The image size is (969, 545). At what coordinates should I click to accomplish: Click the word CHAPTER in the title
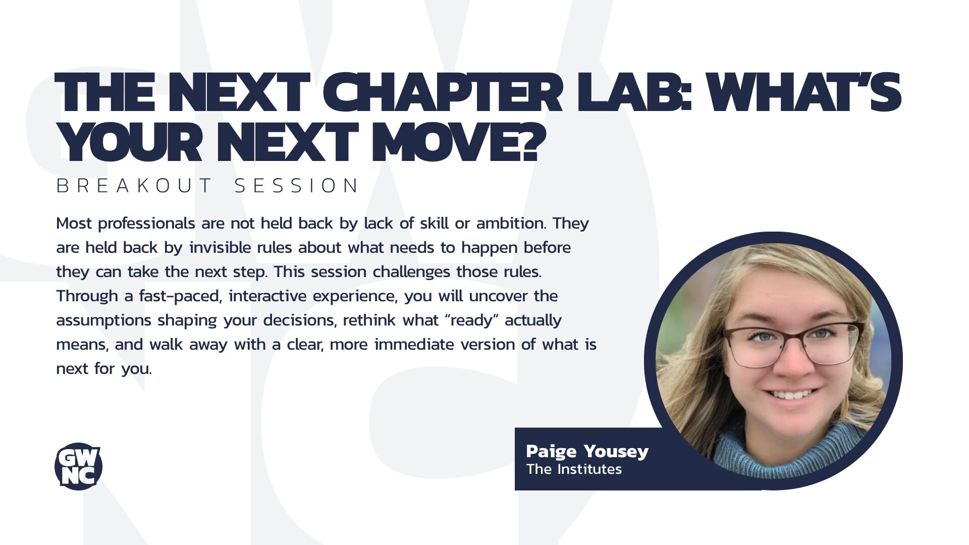442,93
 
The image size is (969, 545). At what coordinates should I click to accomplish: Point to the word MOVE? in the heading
459,142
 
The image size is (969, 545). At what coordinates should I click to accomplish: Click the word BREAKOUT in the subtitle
134,186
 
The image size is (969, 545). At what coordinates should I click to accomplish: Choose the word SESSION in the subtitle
297,186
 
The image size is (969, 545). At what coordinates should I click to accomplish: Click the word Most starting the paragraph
74,223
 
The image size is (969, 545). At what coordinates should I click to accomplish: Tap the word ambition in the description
511,223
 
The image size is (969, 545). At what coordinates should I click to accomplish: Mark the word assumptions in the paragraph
104,320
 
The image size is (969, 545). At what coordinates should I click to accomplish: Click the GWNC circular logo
78,467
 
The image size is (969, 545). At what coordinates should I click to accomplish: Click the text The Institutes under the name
574,469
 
